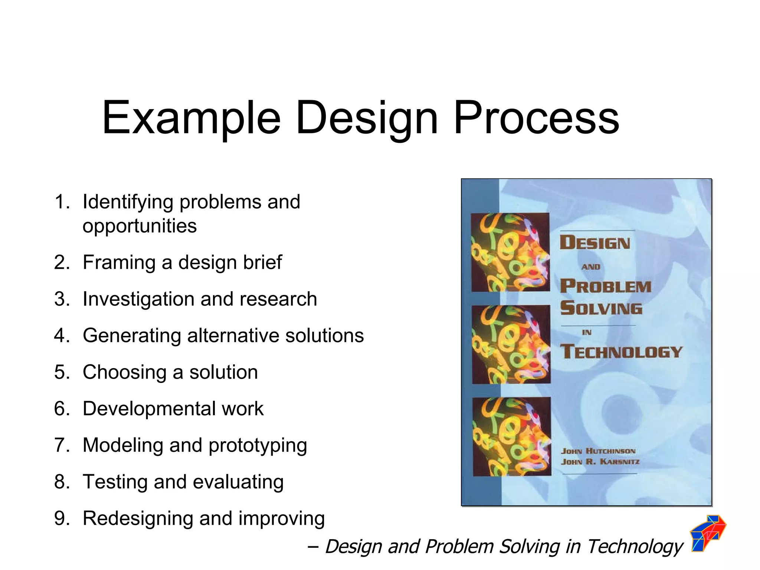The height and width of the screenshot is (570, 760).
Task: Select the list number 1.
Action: click(x=62, y=202)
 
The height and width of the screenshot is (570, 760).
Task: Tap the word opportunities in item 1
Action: click(x=140, y=226)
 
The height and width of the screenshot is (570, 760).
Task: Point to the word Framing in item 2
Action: click(x=119, y=263)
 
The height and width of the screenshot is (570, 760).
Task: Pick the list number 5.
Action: click(x=62, y=372)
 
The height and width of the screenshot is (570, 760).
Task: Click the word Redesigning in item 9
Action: click(x=138, y=518)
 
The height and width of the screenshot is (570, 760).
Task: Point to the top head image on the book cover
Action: click(x=510, y=252)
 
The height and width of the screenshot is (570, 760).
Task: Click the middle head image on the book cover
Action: click(x=511, y=344)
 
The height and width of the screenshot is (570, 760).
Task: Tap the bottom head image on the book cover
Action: click(x=512, y=436)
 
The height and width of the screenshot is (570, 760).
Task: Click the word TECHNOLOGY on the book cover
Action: click(x=621, y=351)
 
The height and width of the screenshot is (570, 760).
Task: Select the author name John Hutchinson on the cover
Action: click(x=598, y=451)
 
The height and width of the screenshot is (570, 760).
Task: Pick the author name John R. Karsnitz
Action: click(x=600, y=462)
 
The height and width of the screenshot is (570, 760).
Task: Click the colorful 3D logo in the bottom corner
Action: click(x=708, y=533)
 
